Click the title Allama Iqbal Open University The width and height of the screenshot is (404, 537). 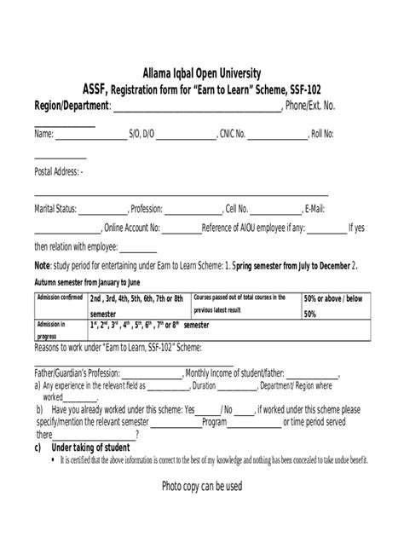[x=201, y=73]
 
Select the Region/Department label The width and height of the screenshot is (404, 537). [x=72, y=105]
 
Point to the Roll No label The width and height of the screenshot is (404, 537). [x=323, y=134]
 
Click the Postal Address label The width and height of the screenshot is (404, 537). [x=58, y=170]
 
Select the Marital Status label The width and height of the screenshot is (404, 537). [x=55, y=209]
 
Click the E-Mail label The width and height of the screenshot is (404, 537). [x=315, y=209]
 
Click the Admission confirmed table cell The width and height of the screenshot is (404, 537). [x=60, y=298]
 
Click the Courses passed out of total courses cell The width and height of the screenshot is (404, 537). [x=243, y=303]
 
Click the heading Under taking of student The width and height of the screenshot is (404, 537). [x=90, y=447]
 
